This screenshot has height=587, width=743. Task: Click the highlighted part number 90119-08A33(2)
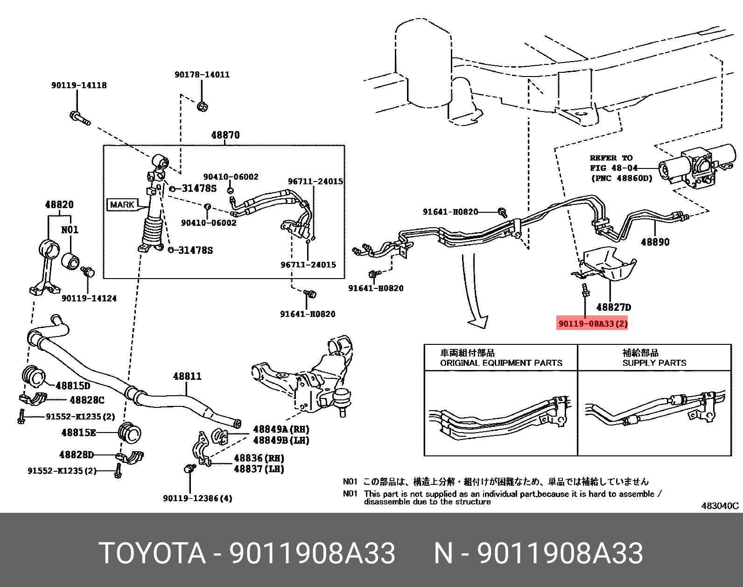click(592, 323)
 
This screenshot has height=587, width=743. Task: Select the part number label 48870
click(225, 135)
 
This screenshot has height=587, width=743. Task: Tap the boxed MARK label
click(122, 204)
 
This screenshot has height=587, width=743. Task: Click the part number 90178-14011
click(202, 74)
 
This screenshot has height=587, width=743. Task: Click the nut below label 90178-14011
click(202, 106)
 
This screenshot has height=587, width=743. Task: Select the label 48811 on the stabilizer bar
click(187, 376)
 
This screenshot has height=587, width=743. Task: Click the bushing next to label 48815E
click(130, 433)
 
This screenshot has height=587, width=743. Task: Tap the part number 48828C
click(87, 400)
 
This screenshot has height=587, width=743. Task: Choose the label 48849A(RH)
click(281, 429)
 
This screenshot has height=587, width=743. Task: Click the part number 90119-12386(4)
click(197, 498)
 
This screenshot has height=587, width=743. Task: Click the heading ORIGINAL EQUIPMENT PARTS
click(501, 363)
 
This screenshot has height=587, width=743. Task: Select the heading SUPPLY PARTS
click(654, 363)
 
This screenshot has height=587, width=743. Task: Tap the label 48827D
click(613, 307)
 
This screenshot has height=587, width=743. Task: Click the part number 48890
click(655, 242)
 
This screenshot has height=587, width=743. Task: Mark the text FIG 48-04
click(613, 168)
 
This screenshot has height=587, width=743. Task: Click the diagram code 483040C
click(720, 505)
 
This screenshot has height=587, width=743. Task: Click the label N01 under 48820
click(70, 230)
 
